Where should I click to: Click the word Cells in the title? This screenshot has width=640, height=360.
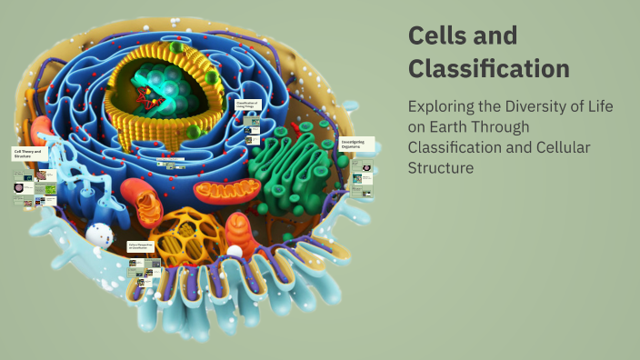[436, 36]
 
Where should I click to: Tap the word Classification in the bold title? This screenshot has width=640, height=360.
[489, 69]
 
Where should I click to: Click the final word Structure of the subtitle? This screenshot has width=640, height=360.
[441, 168]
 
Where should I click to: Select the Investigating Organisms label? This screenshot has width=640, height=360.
[355, 145]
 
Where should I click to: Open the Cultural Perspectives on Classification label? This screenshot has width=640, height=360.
[143, 246]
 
